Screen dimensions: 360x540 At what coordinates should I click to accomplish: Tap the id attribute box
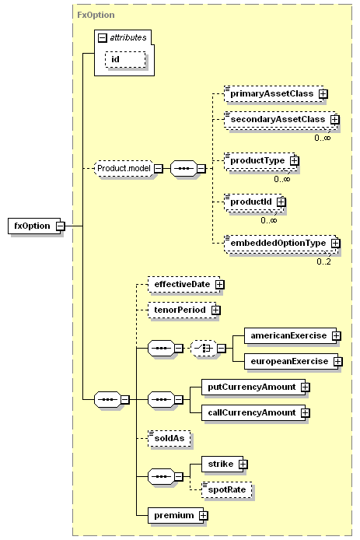pos(125,60)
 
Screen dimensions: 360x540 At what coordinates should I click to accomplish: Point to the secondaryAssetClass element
pos(280,120)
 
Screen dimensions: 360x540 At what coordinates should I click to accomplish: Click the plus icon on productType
pos(294,160)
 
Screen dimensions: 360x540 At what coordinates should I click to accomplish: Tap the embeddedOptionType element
pos(281,243)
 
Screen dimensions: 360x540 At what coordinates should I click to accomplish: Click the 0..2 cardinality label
pos(323,261)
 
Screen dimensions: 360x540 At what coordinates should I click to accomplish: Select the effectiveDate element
pos(184,285)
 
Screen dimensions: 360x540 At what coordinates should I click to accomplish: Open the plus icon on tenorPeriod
pos(216,310)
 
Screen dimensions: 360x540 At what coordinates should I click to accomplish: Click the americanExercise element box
pos(291,336)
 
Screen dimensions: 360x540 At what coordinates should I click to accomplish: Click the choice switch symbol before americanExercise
pos(204,348)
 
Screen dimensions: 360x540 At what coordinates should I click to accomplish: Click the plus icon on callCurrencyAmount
pos(306,413)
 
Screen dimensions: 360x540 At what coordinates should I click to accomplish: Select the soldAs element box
pos(170,438)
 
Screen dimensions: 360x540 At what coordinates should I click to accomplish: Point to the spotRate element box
pos(227,489)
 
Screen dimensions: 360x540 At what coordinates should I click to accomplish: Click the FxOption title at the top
pos(96,15)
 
